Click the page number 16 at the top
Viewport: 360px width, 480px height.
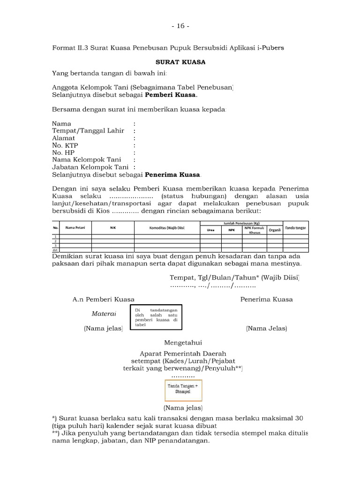pyautogui.click(x=180, y=26)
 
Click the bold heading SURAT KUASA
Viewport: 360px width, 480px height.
pyautogui.click(x=180, y=62)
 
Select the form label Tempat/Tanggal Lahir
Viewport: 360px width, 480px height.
pyautogui.click(x=88, y=131)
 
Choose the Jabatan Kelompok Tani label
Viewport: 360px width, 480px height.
pyautogui.click(x=90, y=167)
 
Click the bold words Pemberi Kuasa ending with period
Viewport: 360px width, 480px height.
pyautogui.click(x=171, y=95)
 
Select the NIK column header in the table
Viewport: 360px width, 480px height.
pyautogui.click(x=113, y=228)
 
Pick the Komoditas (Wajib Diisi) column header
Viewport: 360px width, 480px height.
pyautogui.click(x=167, y=228)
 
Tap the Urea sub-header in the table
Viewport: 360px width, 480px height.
pyautogui.click(x=211, y=230)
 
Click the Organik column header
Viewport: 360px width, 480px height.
pyautogui.click(x=275, y=230)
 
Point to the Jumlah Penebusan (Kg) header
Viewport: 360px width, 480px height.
pyautogui.click(x=241, y=223)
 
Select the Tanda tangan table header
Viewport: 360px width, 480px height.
pyautogui.click(x=296, y=228)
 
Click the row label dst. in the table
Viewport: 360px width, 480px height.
pyautogui.click(x=55, y=250)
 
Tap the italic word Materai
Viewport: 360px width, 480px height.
pyautogui.click(x=104, y=314)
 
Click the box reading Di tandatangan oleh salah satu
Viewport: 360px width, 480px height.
pyautogui.click(x=156, y=317)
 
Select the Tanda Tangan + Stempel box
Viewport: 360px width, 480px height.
pyautogui.click(x=183, y=388)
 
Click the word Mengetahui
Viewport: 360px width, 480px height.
pyautogui.click(x=183, y=343)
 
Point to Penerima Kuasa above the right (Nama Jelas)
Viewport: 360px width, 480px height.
pyautogui.click(x=266, y=299)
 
